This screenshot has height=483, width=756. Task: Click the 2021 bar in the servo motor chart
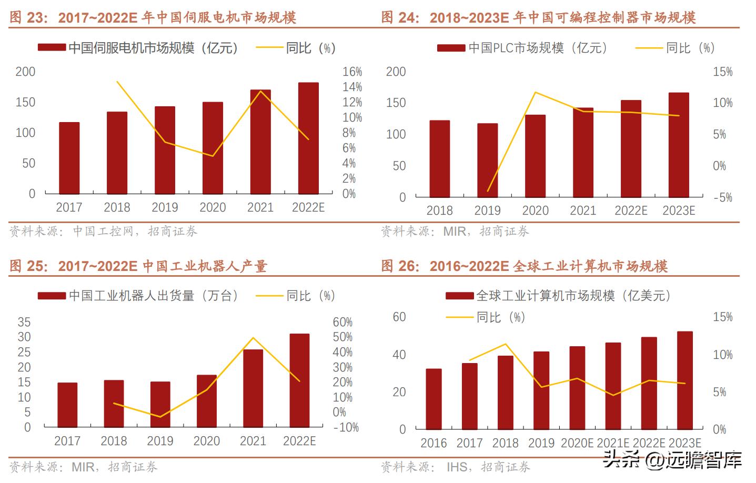260,142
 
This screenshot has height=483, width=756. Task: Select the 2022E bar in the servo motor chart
308,138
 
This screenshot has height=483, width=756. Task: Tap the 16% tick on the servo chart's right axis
352,72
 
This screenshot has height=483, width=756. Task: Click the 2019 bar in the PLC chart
487,160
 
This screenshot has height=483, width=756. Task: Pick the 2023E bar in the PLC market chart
679,145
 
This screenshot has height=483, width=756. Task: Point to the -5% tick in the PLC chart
722,197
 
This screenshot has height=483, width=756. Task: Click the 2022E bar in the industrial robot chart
299,380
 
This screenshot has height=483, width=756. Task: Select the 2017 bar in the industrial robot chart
67,405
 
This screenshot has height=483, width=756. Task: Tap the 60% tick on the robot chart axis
342,322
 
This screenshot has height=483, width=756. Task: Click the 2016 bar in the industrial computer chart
434,399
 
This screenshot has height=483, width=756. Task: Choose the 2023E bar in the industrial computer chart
684,380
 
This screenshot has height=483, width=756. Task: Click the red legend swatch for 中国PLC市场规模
451,48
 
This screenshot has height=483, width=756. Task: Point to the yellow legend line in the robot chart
269,296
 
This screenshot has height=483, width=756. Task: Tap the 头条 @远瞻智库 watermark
672,460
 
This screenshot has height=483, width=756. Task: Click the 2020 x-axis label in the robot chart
206,441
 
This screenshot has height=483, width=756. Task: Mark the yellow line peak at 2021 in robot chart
253,338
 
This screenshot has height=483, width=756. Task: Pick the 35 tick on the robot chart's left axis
24,322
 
